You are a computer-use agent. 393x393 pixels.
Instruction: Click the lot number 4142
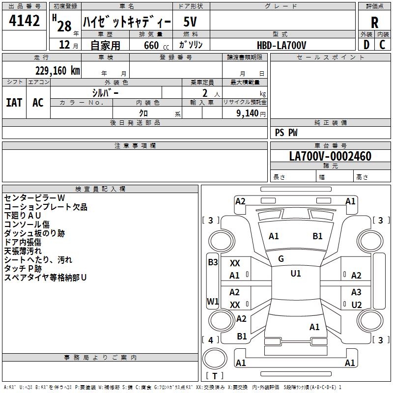[x=24, y=21]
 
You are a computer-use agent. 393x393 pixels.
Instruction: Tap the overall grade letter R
[x=374, y=23]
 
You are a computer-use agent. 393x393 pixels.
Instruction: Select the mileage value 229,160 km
[x=57, y=71]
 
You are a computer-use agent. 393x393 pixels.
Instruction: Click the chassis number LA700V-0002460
[x=330, y=156]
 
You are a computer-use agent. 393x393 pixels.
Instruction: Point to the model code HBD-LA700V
[x=281, y=45]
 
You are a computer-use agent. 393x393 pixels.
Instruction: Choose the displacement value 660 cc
[x=156, y=46]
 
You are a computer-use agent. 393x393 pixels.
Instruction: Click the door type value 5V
[x=190, y=22]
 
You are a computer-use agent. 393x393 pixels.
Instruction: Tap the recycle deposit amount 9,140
[x=247, y=113]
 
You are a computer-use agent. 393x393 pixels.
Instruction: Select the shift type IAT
[x=14, y=103]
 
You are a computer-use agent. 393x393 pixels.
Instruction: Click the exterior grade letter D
[x=366, y=45]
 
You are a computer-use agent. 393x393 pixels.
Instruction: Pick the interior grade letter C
[x=382, y=45]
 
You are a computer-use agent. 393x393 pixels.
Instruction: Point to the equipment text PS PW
[x=286, y=133]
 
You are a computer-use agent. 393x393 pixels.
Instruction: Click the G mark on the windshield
[x=281, y=259]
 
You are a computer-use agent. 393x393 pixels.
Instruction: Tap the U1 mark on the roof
[x=296, y=274]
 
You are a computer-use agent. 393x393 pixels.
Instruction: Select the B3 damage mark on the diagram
[x=213, y=262]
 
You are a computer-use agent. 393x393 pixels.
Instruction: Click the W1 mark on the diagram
[x=213, y=301]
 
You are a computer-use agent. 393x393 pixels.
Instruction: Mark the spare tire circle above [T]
[x=215, y=359]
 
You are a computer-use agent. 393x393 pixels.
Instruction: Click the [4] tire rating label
[x=211, y=340]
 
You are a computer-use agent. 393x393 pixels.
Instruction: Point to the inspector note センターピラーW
[x=34, y=198]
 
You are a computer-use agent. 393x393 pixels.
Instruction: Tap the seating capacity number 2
[x=205, y=93]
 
